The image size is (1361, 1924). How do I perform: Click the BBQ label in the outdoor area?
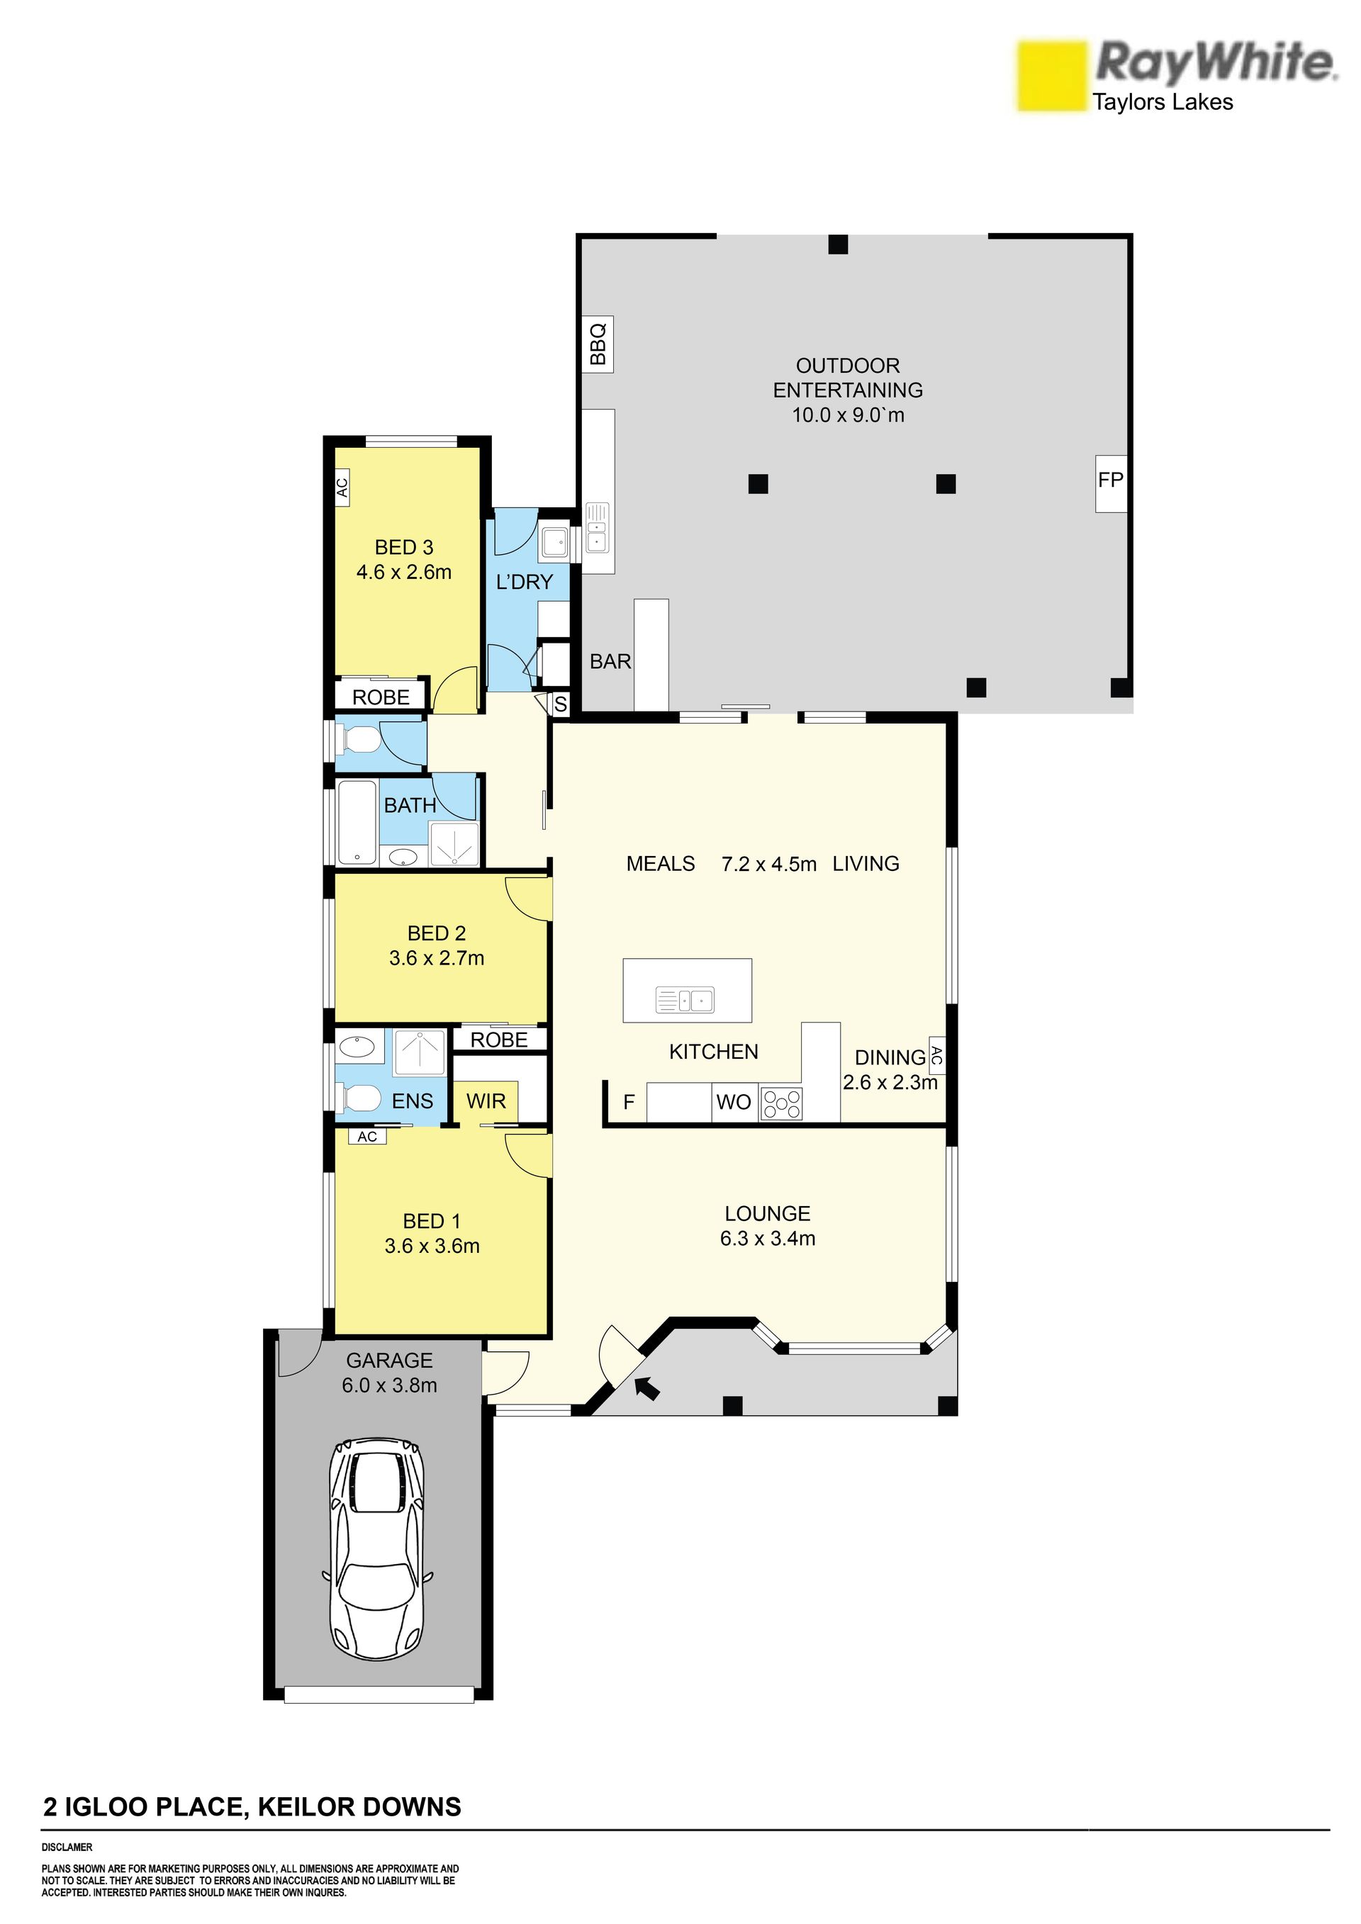tap(598, 344)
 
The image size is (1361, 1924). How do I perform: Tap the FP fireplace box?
tap(1111, 483)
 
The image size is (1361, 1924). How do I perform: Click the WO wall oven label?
tap(734, 1103)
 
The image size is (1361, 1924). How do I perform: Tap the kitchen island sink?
tap(685, 1000)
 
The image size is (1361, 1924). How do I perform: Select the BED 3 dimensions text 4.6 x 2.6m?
tap(404, 573)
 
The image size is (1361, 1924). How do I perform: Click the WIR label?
tap(486, 1101)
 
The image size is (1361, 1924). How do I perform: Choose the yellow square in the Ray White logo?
tap(1052, 77)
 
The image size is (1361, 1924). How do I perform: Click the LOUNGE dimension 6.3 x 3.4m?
tap(768, 1239)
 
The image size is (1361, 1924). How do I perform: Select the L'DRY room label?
tap(525, 582)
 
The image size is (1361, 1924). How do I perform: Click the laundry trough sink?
tap(555, 541)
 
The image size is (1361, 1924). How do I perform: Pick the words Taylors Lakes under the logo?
tap(1163, 102)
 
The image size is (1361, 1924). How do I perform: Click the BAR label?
tap(610, 662)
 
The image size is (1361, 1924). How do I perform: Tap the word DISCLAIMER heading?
tap(67, 1847)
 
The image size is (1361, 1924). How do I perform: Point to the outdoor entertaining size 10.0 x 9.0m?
tap(848, 415)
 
